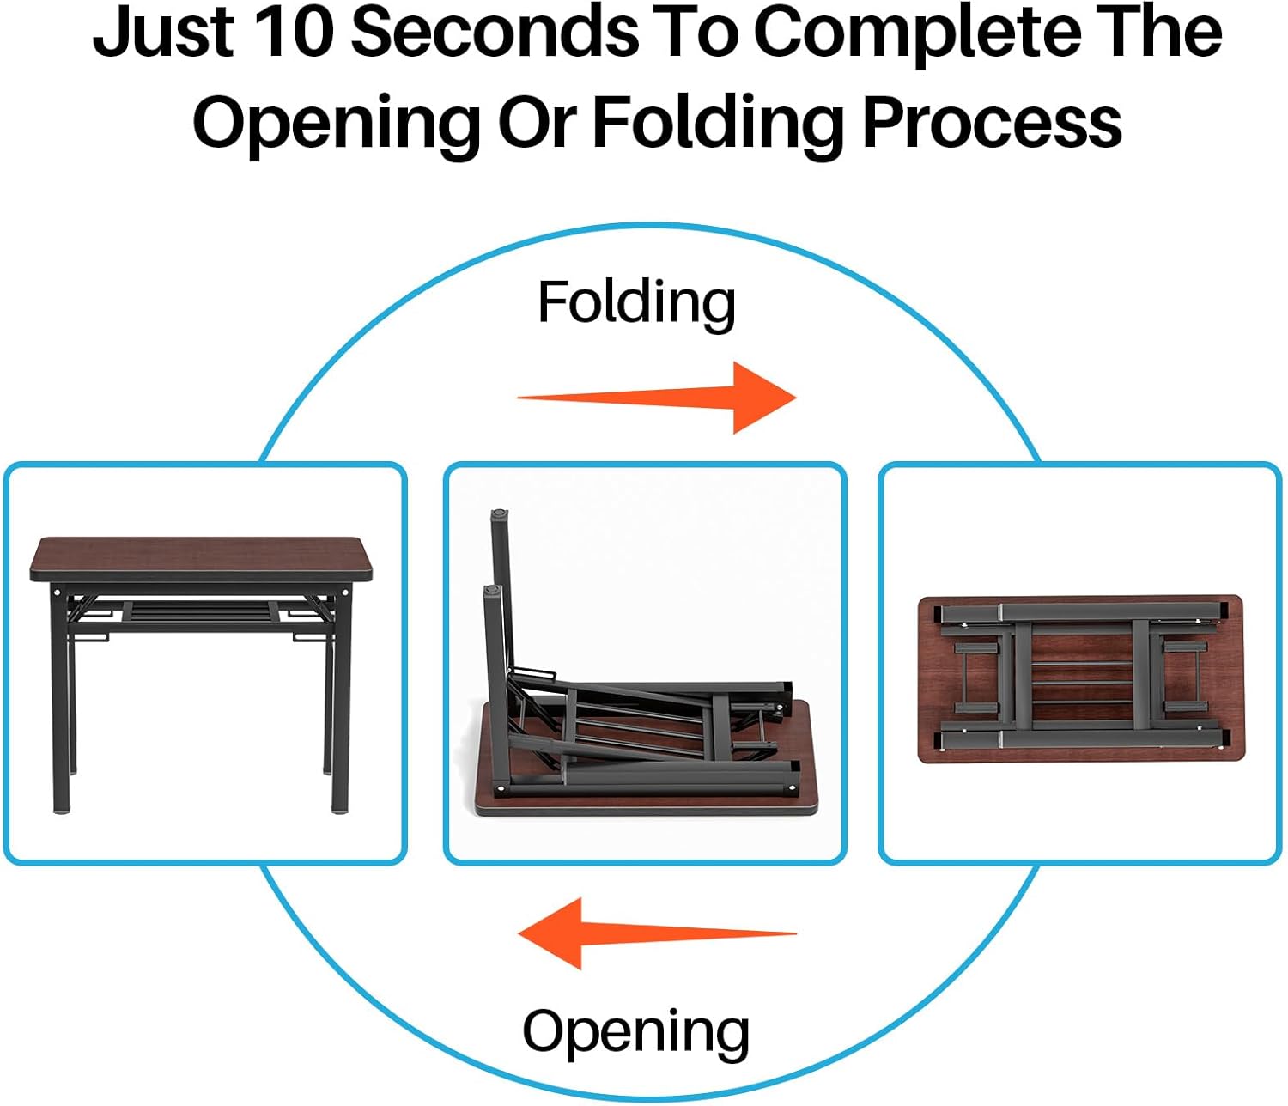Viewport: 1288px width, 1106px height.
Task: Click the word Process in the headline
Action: pos(992,123)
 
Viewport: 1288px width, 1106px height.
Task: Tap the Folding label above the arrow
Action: pos(636,305)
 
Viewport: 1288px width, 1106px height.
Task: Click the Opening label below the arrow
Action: pos(635,1032)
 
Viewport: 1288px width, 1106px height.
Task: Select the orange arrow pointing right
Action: pos(657,397)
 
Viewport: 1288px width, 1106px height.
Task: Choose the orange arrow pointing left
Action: pos(657,933)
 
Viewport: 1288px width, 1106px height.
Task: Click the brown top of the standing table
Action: pos(201,558)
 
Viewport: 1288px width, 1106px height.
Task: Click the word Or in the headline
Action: pos(537,123)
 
